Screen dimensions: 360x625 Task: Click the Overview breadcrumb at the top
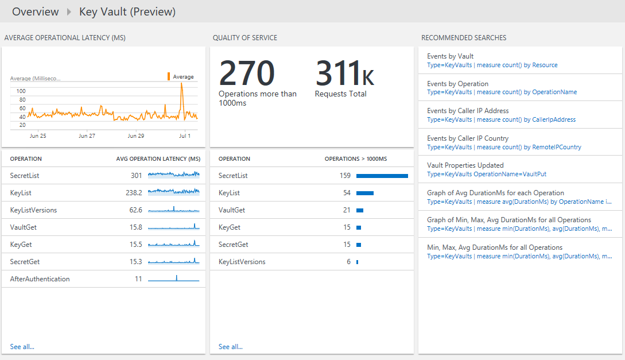(35, 11)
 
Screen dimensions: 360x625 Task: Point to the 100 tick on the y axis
(21, 91)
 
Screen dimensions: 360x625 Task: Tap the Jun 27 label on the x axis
(87, 136)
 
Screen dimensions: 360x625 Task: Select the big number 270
(247, 73)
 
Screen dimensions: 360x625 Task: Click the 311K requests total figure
(344, 73)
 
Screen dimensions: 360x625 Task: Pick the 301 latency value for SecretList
(136, 176)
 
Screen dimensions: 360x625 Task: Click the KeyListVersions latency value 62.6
(135, 210)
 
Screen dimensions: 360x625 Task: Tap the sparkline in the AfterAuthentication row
(174, 279)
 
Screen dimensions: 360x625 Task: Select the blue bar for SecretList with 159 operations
(382, 176)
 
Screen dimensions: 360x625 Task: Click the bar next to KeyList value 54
(365, 193)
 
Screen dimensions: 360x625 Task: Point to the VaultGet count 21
(347, 210)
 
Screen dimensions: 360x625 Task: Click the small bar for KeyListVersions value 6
(357, 262)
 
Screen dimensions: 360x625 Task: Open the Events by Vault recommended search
(451, 56)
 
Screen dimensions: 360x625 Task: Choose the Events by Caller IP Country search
(468, 138)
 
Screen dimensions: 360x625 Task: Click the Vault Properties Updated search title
(465, 165)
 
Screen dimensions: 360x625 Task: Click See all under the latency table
(22, 347)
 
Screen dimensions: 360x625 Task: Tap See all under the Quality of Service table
(231, 347)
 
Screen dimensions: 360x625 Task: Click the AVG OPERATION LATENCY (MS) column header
(158, 159)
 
